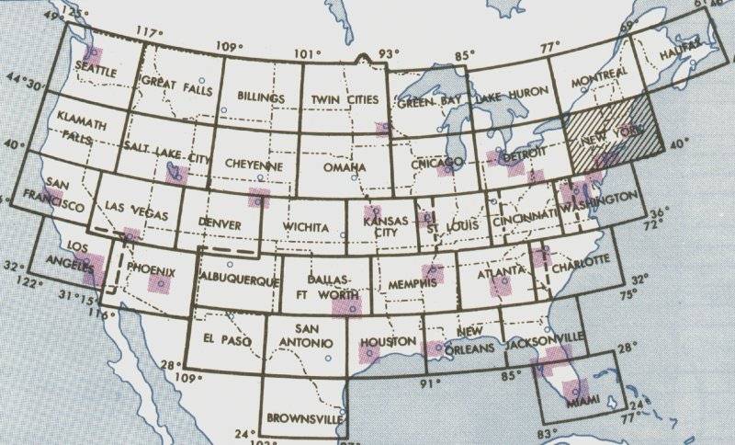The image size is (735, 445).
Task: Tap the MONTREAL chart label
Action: pos(600,72)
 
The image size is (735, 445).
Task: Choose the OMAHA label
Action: pos(344,167)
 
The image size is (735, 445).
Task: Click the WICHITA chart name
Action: pos(307,225)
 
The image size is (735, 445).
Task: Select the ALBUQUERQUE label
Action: pos(238,280)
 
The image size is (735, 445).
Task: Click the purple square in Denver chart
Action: pos(259,198)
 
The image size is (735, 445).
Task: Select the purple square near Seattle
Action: pos(93,56)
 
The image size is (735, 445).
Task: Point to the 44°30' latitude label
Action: pos(27,86)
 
